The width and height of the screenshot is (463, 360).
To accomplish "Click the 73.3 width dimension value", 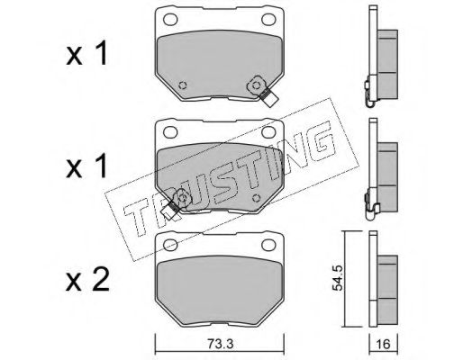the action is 220,344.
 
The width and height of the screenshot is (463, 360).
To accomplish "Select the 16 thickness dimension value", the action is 383,344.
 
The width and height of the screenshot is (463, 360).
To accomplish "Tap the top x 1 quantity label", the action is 86,53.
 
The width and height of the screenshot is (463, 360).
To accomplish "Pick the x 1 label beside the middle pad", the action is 86,166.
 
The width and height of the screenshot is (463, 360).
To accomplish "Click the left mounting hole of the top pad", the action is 170,20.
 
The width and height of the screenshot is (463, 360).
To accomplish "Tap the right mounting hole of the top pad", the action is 268,20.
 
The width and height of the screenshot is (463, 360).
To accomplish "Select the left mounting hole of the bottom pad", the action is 170,245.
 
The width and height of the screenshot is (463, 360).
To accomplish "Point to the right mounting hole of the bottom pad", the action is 268,245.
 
